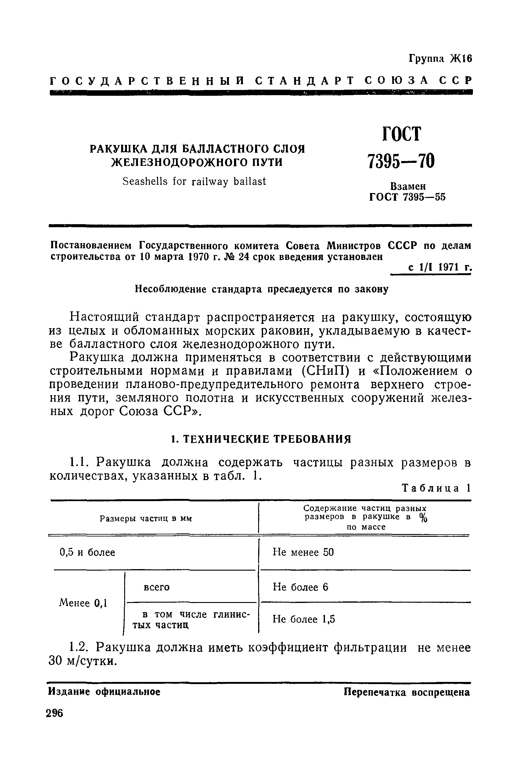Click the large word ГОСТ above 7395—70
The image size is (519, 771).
[402, 134]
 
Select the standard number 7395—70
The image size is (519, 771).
[401, 162]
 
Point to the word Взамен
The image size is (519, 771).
[407, 186]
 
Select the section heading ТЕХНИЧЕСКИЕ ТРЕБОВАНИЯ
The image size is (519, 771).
[266, 439]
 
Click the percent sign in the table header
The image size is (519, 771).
[423, 518]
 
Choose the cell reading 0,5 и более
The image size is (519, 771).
[87, 552]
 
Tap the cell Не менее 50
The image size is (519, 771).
[303, 552]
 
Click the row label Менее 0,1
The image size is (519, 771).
[83, 603]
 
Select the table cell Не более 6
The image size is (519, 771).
[300, 587]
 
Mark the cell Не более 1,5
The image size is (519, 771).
[304, 619]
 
